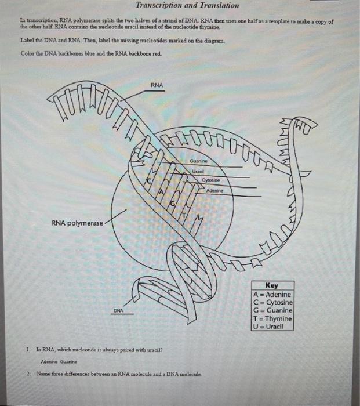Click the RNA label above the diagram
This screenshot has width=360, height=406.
click(157, 85)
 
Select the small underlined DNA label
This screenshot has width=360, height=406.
click(118, 311)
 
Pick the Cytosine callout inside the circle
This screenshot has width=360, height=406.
click(211, 180)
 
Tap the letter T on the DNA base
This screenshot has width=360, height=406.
click(186, 215)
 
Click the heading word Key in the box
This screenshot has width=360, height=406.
click(272, 286)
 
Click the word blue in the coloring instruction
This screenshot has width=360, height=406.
click(84, 54)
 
